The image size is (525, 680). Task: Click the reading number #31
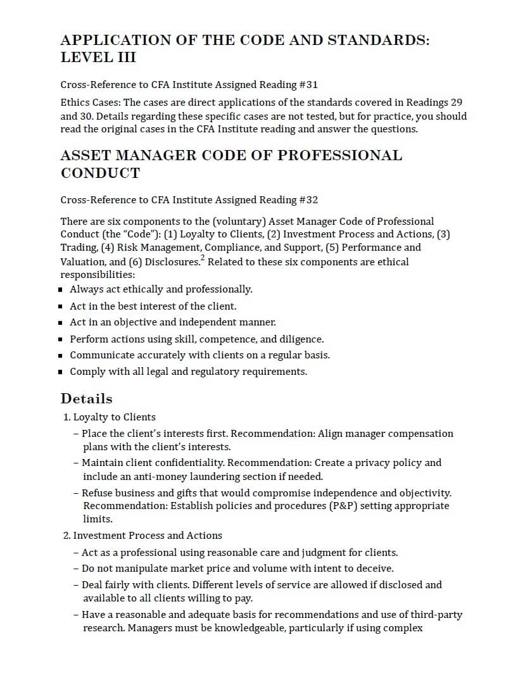[307, 85]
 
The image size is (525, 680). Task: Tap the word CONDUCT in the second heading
[100, 173]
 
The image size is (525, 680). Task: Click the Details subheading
[87, 399]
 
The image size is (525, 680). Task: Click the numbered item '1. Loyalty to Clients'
[110, 417]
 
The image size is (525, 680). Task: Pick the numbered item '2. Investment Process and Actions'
[142, 536]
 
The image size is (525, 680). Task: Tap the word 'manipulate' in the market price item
[133, 569]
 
